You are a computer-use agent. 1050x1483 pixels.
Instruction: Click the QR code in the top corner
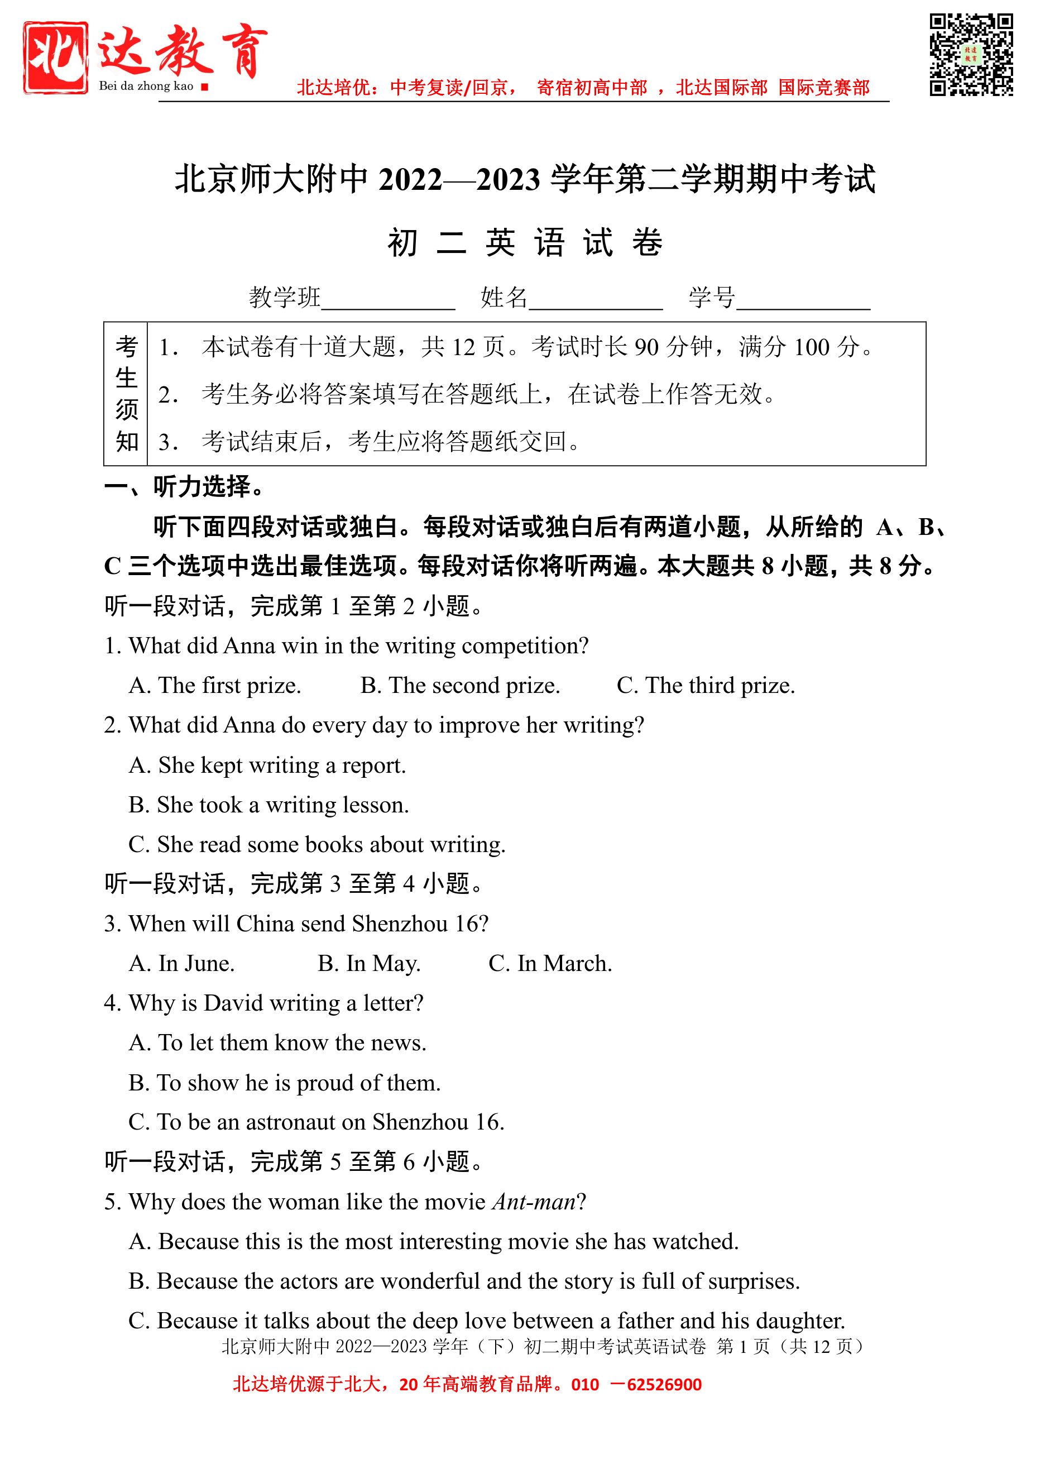[x=971, y=54]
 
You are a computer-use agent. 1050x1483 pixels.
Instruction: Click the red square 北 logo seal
[x=56, y=58]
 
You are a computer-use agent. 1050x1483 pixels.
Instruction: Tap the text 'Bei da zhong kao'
[x=146, y=86]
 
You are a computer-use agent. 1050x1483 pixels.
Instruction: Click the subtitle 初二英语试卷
[x=525, y=243]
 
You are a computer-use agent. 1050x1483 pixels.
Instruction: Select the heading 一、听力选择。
[x=185, y=486]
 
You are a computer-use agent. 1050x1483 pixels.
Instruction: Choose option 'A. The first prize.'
[x=215, y=686]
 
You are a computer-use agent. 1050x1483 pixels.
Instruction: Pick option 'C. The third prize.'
[x=706, y=686]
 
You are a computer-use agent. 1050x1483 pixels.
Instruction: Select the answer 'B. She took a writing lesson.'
[x=269, y=805]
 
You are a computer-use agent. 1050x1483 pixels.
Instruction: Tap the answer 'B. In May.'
[x=368, y=964]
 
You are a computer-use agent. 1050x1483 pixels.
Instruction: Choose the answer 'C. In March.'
[x=550, y=964]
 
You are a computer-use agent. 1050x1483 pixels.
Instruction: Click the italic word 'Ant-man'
[x=534, y=1202]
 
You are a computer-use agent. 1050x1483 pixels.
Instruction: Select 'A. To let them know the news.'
[x=277, y=1043]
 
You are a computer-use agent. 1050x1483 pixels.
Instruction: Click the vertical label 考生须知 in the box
[x=127, y=394]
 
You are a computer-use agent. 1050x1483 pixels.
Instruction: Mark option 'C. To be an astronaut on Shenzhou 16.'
[x=316, y=1122]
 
